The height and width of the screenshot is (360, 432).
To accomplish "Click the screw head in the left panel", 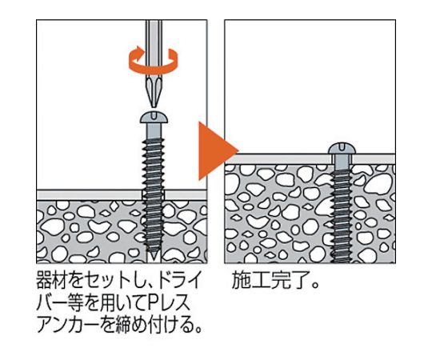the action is [x=154, y=117].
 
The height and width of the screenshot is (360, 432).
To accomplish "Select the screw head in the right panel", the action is [x=342, y=149].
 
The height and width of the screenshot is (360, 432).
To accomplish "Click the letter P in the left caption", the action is [x=152, y=303].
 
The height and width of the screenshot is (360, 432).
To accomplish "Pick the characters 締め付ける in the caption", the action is [x=151, y=325].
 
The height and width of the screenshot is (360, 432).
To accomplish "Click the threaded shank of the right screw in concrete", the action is [x=342, y=215].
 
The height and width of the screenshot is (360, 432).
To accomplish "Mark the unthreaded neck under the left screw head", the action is [x=154, y=130].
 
